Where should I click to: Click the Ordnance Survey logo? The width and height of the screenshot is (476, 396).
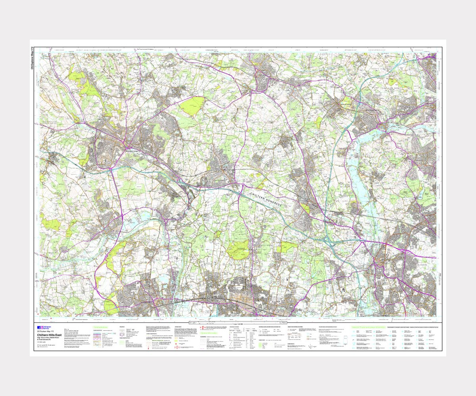[42, 327]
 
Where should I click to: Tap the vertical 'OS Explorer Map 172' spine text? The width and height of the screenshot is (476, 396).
[33, 59]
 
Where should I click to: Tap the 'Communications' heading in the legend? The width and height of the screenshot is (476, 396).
[101, 327]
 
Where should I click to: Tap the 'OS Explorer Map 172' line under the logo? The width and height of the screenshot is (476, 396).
[45, 332]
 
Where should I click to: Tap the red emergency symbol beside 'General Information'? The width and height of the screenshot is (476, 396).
[202, 328]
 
